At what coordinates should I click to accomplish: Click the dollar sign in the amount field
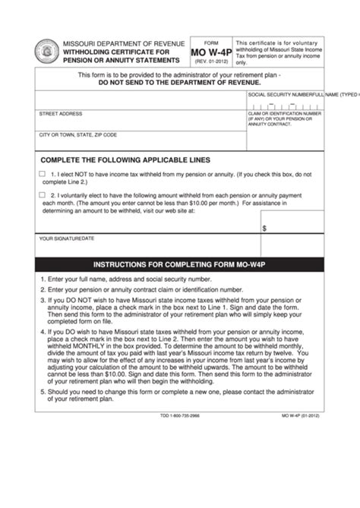264,227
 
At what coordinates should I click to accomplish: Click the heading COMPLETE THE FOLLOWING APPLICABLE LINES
125,160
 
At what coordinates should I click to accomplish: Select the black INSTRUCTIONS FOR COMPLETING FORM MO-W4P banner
179,265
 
